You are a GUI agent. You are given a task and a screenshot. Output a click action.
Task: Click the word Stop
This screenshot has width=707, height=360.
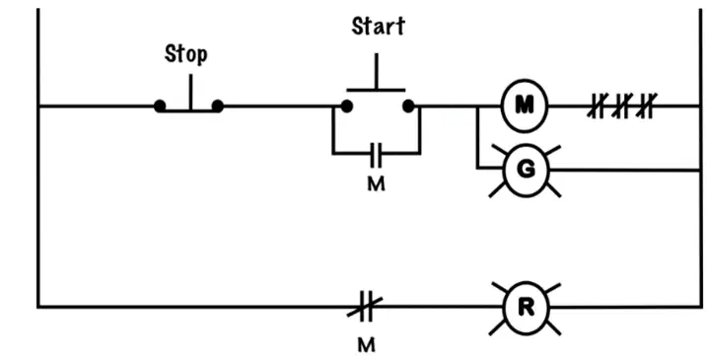(x=186, y=54)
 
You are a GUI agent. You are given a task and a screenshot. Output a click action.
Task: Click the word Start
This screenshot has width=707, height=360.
(x=379, y=27)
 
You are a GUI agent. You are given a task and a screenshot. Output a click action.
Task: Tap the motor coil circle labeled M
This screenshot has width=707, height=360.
(x=524, y=106)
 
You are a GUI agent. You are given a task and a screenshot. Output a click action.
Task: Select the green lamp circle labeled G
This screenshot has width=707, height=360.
(x=526, y=171)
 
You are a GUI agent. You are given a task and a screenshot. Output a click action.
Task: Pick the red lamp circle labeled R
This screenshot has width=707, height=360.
(x=526, y=308)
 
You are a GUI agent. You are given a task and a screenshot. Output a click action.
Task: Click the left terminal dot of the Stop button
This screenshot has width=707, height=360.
(x=160, y=107)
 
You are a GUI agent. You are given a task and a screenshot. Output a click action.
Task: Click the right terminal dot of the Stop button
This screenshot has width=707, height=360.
(x=217, y=107)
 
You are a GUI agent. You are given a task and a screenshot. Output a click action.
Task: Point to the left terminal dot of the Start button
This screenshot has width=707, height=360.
(x=346, y=107)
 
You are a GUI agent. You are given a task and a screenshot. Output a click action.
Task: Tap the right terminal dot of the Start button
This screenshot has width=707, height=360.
(x=408, y=107)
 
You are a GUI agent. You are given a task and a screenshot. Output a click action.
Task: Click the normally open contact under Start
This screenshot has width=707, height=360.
(x=376, y=154)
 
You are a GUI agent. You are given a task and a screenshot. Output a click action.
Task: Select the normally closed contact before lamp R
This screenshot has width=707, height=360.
(x=365, y=307)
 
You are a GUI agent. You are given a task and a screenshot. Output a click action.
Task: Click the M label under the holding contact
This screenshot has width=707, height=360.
(x=376, y=184)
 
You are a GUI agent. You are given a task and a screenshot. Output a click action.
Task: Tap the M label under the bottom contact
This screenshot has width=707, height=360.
(x=366, y=345)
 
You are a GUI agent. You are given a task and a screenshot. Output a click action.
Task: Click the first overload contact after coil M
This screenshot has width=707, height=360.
(x=597, y=107)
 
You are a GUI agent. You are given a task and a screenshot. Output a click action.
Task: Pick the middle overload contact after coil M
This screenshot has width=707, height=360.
(x=621, y=107)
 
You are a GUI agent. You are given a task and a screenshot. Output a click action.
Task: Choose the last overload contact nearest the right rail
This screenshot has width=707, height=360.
(x=646, y=107)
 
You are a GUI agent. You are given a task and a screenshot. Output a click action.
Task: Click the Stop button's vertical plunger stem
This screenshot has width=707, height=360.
(x=190, y=92)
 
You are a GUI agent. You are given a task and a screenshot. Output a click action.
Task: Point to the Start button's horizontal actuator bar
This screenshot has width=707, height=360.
(x=376, y=90)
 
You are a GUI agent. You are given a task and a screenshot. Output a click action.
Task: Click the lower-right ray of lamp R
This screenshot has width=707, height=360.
(x=553, y=327)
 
